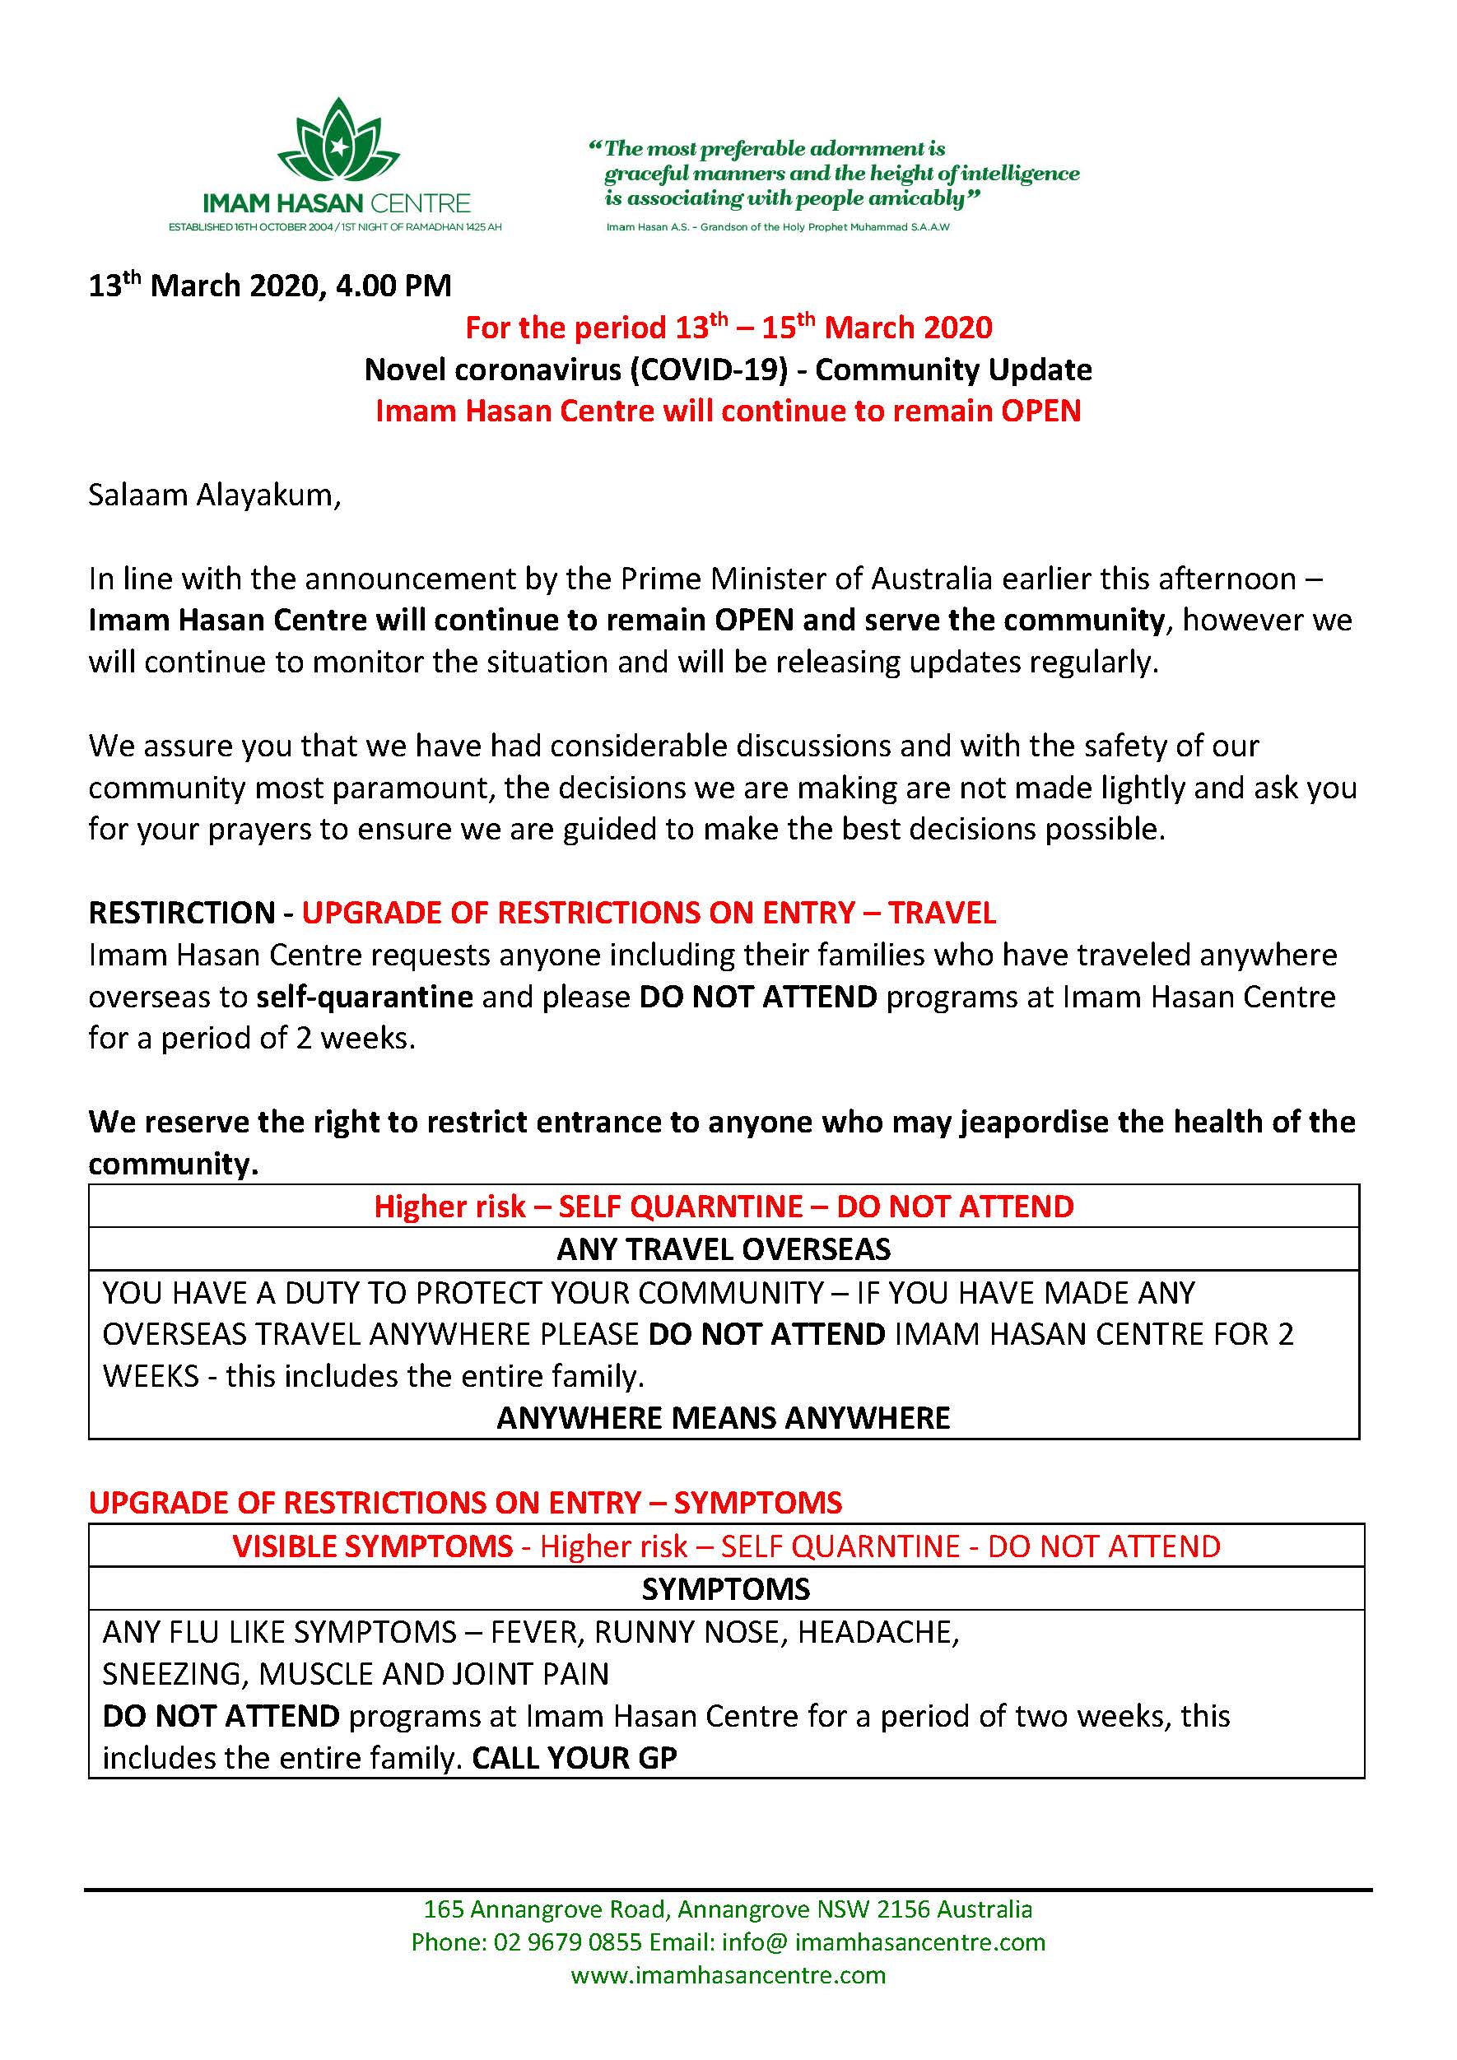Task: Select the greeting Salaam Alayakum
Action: click(x=213, y=495)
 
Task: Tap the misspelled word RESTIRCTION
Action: click(x=181, y=913)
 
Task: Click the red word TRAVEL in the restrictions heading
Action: click(x=942, y=913)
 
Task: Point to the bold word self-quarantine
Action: click(x=364, y=997)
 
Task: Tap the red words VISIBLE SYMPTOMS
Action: click(x=372, y=1546)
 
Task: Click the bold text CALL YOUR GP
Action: click(x=575, y=1758)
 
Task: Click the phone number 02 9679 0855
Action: click(x=567, y=1942)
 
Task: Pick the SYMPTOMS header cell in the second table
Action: click(x=726, y=1589)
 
